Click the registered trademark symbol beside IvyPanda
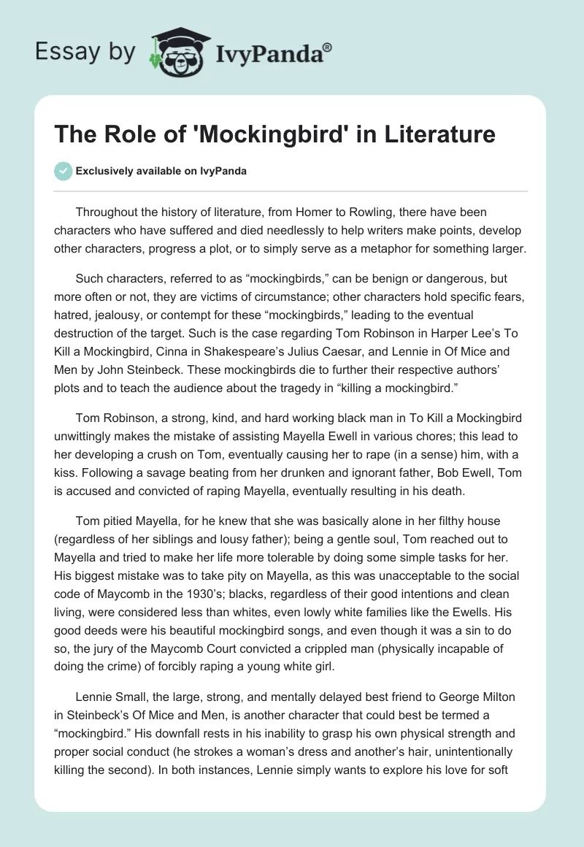click(328, 49)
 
